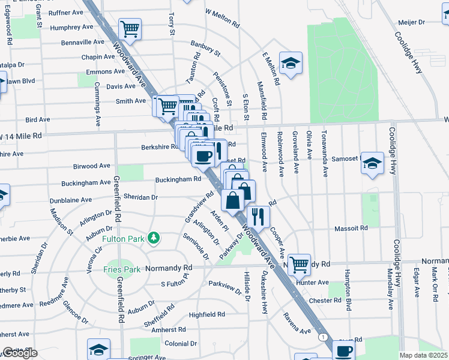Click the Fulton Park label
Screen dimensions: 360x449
pos(124,239)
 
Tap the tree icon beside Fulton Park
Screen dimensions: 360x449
pos(155,239)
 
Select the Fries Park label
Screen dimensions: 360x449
pos(121,269)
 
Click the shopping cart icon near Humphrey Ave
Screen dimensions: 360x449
pos(129,28)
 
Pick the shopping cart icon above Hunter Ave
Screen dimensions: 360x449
pos(298,263)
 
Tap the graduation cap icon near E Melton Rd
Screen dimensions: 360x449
pos(291,64)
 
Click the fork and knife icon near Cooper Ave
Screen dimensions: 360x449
pos(258,216)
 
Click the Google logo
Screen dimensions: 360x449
pos(19,353)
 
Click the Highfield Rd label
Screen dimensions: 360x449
pos(206,314)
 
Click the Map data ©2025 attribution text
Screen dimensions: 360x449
pos(423,355)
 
